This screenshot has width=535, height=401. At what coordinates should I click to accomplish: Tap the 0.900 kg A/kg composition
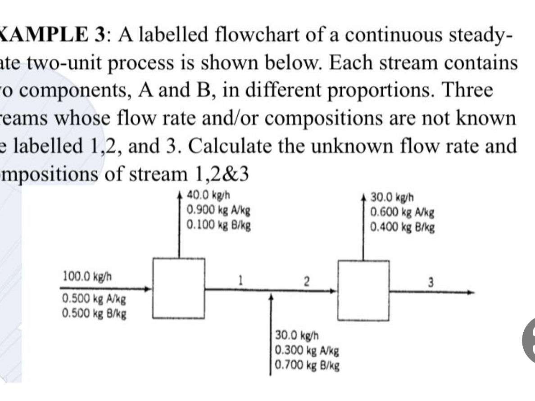point(218,209)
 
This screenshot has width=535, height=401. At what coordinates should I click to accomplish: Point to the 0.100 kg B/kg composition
point(218,223)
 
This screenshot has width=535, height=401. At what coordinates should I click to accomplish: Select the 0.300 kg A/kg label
point(307,349)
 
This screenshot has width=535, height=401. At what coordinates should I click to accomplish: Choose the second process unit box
point(364,290)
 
